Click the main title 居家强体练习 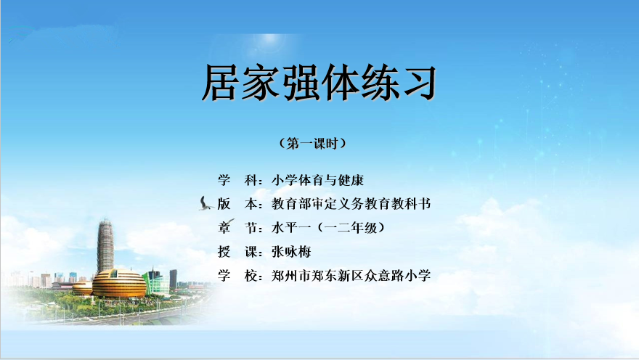pyautogui.click(x=319, y=83)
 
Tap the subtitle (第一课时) pyautogui.click(x=312, y=144)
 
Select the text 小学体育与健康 pyautogui.click(x=317, y=180)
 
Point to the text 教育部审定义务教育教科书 pyautogui.click(x=351, y=204)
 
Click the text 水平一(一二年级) pyautogui.click(x=328, y=227)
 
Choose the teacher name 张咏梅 pyautogui.click(x=291, y=252)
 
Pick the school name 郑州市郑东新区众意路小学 pyautogui.click(x=351, y=276)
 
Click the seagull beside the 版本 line pyautogui.click(x=205, y=204)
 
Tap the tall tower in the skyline pyautogui.click(x=105, y=246)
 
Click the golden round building pyautogui.click(x=119, y=283)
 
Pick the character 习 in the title pyautogui.click(x=418, y=83)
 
